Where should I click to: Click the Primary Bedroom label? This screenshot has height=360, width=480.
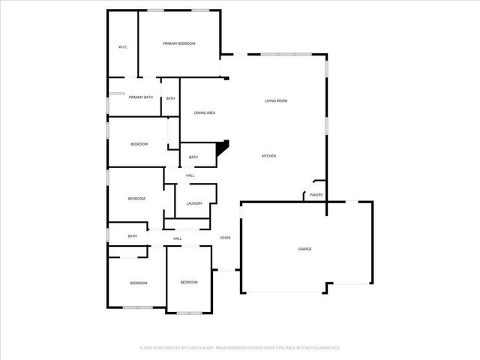click(x=179, y=44)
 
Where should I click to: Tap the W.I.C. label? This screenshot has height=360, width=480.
click(x=123, y=47)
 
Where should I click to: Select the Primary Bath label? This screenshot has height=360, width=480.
click(x=140, y=97)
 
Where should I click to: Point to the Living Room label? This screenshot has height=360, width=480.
click(x=276, y=100)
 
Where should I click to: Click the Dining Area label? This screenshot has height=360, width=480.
click(x=205, y=113)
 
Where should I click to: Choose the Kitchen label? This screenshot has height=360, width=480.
click(x=268, y=156)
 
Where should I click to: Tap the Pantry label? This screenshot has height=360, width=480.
click(x=316, y=195)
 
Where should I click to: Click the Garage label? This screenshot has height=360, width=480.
click(x=304, y=249)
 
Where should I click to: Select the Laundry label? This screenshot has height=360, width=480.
click(x=194, y=203)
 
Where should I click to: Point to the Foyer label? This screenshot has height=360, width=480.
click(x=225, y=238)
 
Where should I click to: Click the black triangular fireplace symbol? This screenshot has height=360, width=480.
click(x=221, y=149)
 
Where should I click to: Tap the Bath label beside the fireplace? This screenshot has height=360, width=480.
click(x=193, y=157)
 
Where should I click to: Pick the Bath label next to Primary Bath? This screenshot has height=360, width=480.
click(x=171, y=99)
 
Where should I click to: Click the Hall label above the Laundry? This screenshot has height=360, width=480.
click(x=190, y=175)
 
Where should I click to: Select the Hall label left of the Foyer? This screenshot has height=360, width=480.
click(x=178, y=238)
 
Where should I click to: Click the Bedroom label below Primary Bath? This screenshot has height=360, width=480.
click(x=139, y=144)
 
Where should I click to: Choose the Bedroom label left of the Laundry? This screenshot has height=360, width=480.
click(x=136, y=199)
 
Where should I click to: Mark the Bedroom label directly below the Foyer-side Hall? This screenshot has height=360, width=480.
click(x=189, y=282)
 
